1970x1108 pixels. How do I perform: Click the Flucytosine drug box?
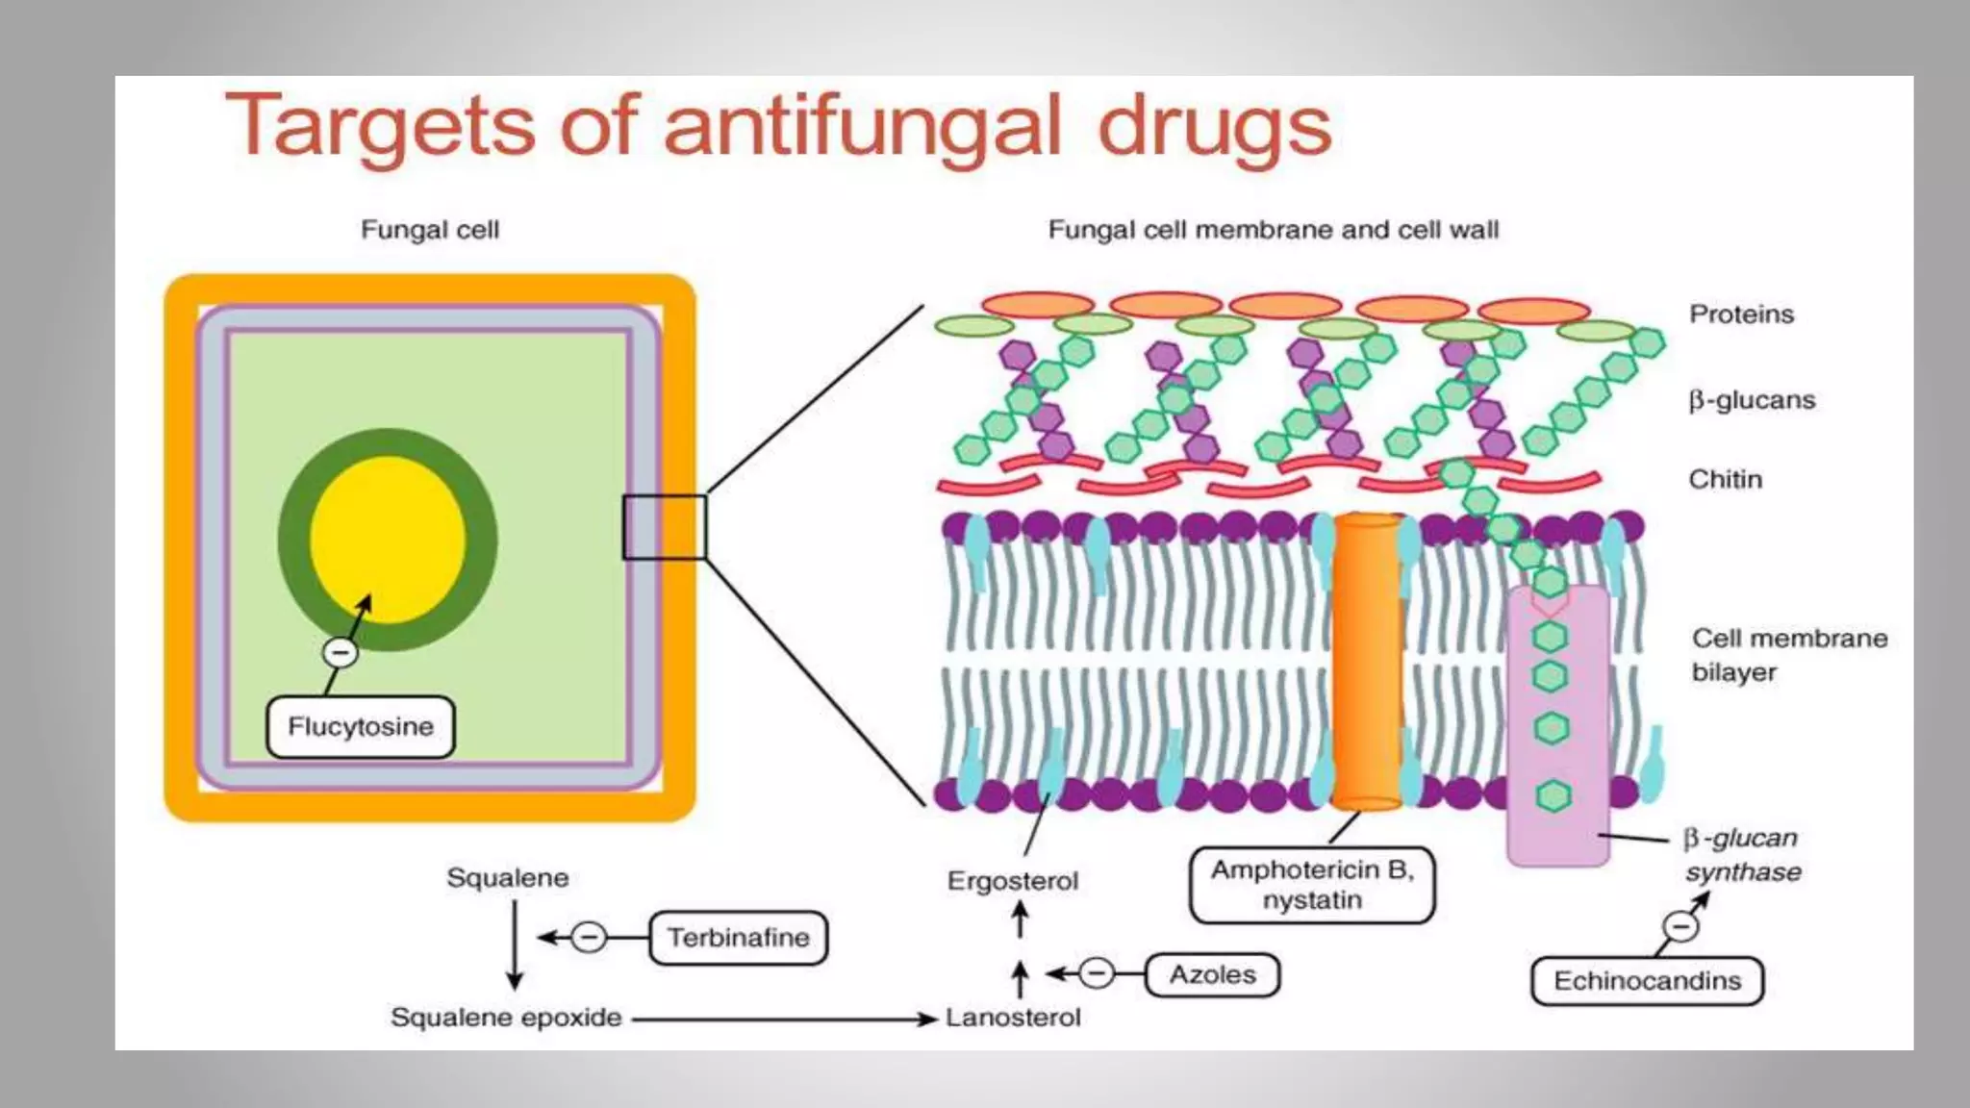point(361,727)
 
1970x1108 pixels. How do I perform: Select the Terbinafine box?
point(738,938)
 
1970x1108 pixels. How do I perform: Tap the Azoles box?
point(1212,975)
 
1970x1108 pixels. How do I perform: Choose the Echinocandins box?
point(1647,981)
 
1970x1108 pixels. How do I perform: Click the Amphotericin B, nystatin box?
point(1312,885)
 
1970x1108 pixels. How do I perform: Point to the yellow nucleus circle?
point(388,540)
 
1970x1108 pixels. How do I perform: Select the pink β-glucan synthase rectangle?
point(1558,731)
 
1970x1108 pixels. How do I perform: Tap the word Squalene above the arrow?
point(507,878)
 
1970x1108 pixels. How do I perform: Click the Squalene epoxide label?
point(506,1018)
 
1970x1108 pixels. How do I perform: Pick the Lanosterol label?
point(1013,1018)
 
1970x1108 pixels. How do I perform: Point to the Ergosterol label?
point(1013,881)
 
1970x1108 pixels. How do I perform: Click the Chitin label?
point(1726,479)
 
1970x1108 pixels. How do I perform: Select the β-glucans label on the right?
point(1752,400)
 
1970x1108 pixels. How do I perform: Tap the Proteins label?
point(1741,315)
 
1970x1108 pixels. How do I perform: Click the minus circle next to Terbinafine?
point(589,937)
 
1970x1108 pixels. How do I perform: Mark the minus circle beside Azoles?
point(1097,974)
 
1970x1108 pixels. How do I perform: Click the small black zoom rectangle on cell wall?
point(664,527)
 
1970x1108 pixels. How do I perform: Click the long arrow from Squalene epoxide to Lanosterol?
point(784,1019)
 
